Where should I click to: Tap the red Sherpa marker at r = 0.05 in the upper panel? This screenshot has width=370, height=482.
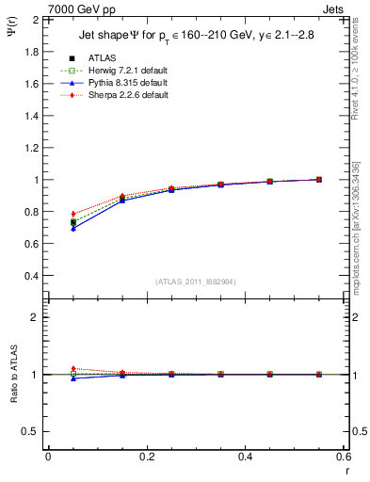(73, 214)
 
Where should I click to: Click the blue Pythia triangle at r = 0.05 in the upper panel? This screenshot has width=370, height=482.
(73, 229)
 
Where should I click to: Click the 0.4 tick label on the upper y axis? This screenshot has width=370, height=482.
(30, 276)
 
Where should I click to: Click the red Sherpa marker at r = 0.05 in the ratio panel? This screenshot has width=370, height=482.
(73, 369)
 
